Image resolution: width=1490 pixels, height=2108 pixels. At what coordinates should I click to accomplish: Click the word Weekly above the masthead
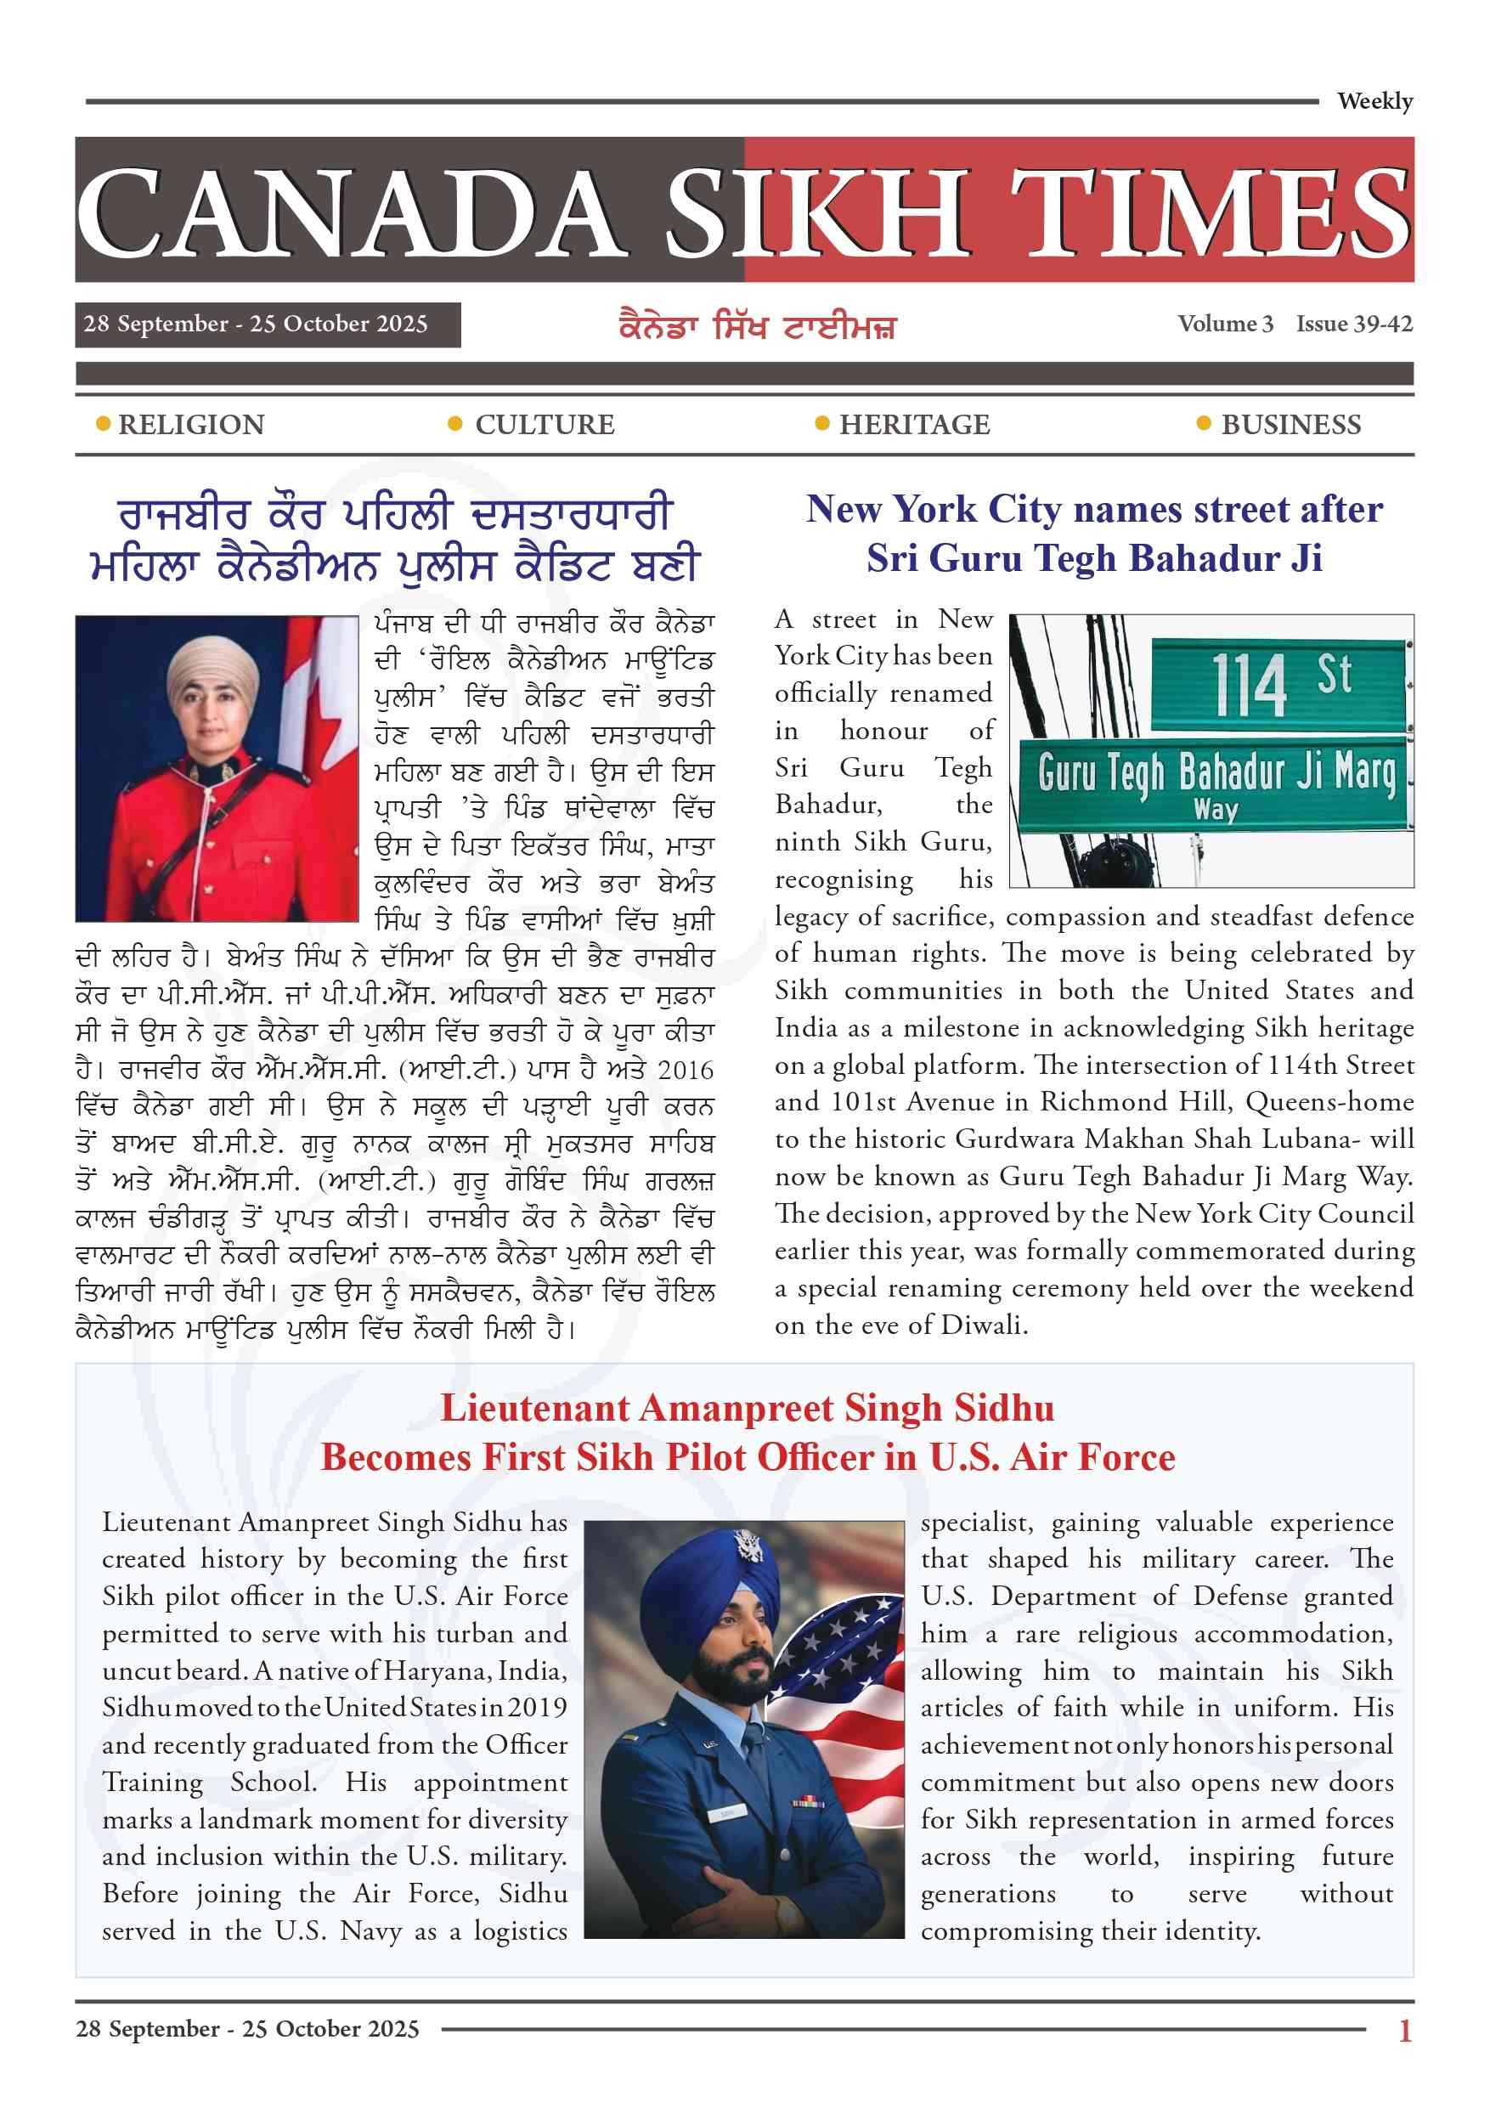pyautogui.click(x=1374, y=101)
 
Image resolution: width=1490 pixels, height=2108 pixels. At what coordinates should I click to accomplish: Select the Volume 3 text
pyautogui.click(x=1225, y=324)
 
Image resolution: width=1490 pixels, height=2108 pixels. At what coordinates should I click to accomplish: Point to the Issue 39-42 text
pyautogui.click(x=1354, y=324)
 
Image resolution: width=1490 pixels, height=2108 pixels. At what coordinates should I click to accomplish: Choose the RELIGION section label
pyautogui.click(x=191, y=425)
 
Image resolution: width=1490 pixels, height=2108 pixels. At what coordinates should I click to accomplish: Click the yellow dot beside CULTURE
pyautogui.click(x=454, y=424)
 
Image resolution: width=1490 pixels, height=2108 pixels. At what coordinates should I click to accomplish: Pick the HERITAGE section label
pyautogui.click(x=914, y=425)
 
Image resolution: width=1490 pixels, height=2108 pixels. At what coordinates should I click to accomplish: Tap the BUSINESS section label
pyautogui.click(x=1290, y=425)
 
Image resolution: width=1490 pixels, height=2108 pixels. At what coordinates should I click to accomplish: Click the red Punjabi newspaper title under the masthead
pyautogui.click(x=757, y=326)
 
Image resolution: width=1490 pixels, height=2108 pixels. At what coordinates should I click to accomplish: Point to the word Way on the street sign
pyautogui.click(x=1216, y=810)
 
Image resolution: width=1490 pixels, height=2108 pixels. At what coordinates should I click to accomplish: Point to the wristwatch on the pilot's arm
pyautogui.click(x=787, y=1914)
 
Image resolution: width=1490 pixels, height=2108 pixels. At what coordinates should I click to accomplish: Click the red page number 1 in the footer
pyautogui.click(x=1404, y=2030)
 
